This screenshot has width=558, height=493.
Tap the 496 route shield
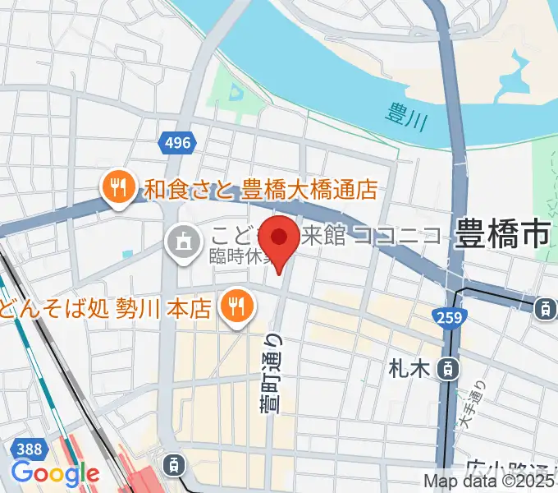pyautogui.click(x=176, y=143)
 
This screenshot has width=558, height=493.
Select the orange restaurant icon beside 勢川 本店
pyautogui.click(x=236, y=307)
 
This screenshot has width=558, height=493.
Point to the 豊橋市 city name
pyautogui.click(x=502, y=236)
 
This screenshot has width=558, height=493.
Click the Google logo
pyautogui.click(x=54, y=474)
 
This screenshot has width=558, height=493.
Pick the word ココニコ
pyautogui.click(x=399, y=237)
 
